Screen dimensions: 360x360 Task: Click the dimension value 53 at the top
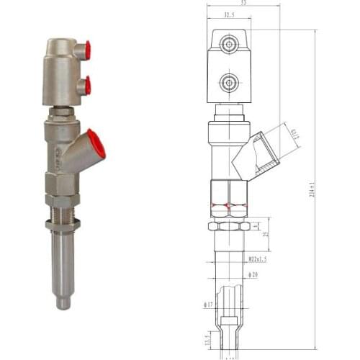(243, 4)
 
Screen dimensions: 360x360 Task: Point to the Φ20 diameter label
(253, 274)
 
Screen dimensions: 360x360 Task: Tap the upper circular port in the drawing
(229, 45)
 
